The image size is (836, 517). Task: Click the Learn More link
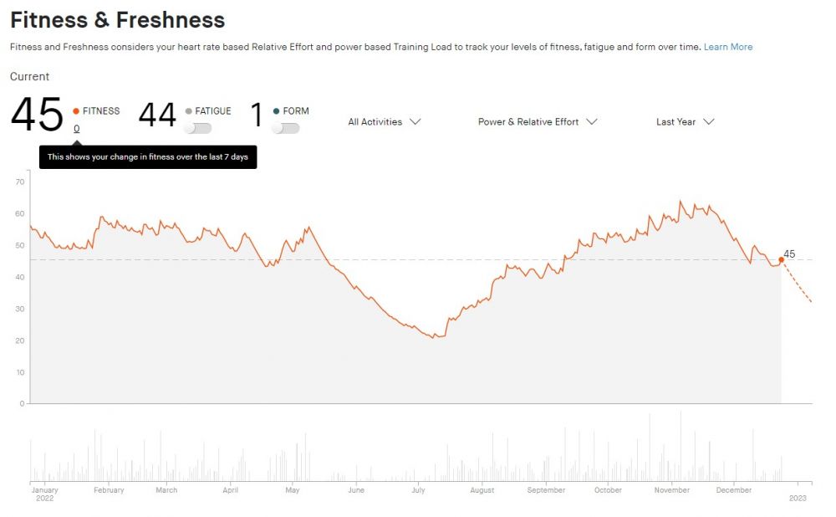[x=727, y=47]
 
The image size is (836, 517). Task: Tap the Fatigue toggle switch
[x=198, y=128]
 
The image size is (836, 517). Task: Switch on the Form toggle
[x=285, y=128]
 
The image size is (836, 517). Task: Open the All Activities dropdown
[x=384, y=121]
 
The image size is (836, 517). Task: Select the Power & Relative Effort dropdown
[x=538, y=121]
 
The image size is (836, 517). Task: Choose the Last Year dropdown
[x=685, y=121]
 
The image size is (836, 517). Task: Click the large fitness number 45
[x=37, y=115]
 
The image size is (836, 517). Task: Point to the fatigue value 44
[x=157, y=115]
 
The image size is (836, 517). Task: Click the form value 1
[x=257, y=115]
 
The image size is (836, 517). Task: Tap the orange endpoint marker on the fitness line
[x=782, y=259]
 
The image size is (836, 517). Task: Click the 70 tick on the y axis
[x=20, y=182]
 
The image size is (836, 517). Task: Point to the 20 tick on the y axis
[x=20, y=340]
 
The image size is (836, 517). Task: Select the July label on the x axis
[x=418, y=490]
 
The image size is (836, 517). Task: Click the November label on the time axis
[x=672, y=490]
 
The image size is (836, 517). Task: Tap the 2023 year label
[x=799, y=498]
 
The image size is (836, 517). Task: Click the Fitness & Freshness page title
[x=117, y=20]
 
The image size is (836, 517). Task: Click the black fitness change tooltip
[x=148, y=157]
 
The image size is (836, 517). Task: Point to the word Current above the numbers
[x=29, y=77]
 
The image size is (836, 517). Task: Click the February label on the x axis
[x=109, y=490]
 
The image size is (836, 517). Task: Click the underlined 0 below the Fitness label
[x=77, y=129]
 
